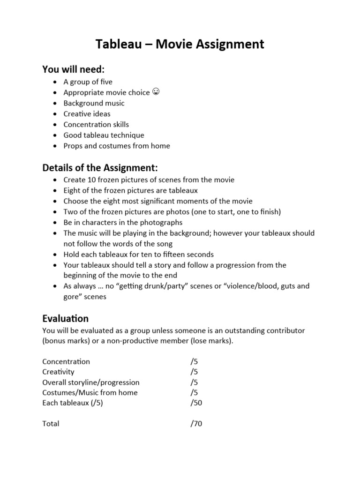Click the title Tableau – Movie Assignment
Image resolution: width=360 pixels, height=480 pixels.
point(180,44)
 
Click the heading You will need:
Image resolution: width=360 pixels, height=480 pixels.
point(74,69)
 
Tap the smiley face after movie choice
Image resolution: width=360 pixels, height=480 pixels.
point(156,92)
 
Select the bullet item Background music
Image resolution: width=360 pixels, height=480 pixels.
point(94,103)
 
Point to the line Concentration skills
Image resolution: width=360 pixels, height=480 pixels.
point(96,124)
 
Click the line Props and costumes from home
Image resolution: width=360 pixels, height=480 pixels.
point(117,146)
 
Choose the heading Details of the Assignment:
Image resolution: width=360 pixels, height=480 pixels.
point(100,168)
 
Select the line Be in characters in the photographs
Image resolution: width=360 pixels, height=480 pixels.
point(123,222)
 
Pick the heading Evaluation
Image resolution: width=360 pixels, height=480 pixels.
point(65,319)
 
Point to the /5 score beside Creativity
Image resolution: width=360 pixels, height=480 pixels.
point(194,372)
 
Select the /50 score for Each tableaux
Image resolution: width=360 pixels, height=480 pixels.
point(196,403)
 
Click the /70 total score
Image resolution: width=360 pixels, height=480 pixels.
point(196,424)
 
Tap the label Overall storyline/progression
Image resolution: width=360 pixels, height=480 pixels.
point(90,382)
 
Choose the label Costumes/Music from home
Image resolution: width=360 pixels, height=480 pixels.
point(90,392)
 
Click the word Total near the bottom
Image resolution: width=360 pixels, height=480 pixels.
point(51,424)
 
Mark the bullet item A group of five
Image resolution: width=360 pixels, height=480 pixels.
point(88,82)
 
